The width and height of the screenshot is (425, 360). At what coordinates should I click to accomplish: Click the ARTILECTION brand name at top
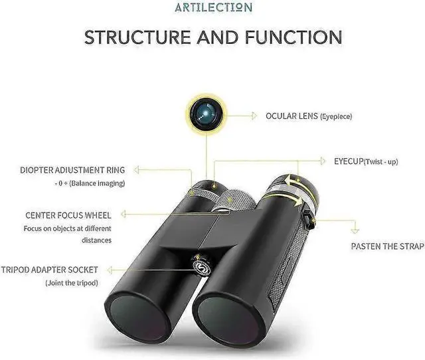pos(212,8)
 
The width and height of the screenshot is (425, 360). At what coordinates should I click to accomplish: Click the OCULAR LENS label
pos(292,116)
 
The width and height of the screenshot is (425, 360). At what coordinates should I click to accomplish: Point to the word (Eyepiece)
pos(336,117)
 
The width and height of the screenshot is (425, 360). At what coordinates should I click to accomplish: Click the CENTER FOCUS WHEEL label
pos(68,215)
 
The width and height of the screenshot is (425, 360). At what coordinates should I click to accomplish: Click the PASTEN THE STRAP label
pos(387,247)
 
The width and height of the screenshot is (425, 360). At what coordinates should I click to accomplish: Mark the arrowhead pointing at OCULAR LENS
pos(255,116)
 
